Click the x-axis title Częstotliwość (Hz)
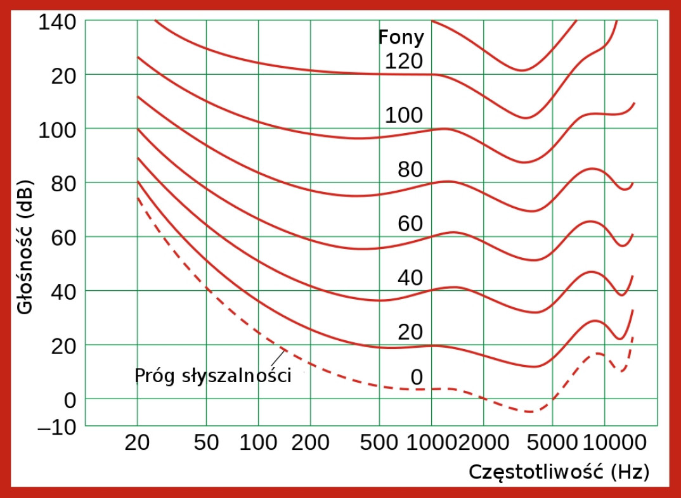pos(559,471)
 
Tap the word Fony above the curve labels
pos(401,37)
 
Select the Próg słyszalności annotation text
pos(213,376)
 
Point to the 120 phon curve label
pos(403,61)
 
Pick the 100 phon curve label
pos(403,115)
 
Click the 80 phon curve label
pos(410,170)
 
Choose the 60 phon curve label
pos(410,224)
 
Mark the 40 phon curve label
pos(410,278)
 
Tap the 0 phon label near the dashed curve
pos(416,378)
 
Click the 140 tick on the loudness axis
pos(57,22)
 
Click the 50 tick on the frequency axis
pos(205,442)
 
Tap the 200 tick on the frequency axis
pos(310,442)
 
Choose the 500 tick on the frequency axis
pos(379,442)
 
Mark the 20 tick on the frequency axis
pos(137,442)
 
